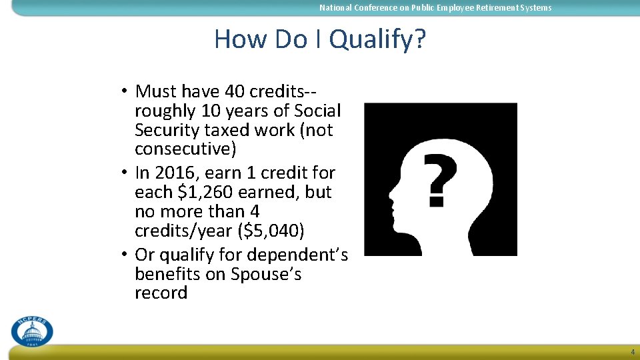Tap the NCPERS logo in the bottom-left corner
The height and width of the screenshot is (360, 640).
click(31, 331)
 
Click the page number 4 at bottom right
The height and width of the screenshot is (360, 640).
click(632, 352)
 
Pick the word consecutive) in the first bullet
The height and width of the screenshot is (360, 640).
click(185, 148)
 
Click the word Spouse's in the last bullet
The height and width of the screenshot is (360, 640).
click(266, 274)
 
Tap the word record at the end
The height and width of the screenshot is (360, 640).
click(161, 293)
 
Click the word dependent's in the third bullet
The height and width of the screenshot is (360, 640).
click(298, 255)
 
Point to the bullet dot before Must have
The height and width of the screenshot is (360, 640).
click(125, 91)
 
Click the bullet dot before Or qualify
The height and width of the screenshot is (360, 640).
click(125, 255)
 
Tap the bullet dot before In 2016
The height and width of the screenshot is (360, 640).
click(125, 173)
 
